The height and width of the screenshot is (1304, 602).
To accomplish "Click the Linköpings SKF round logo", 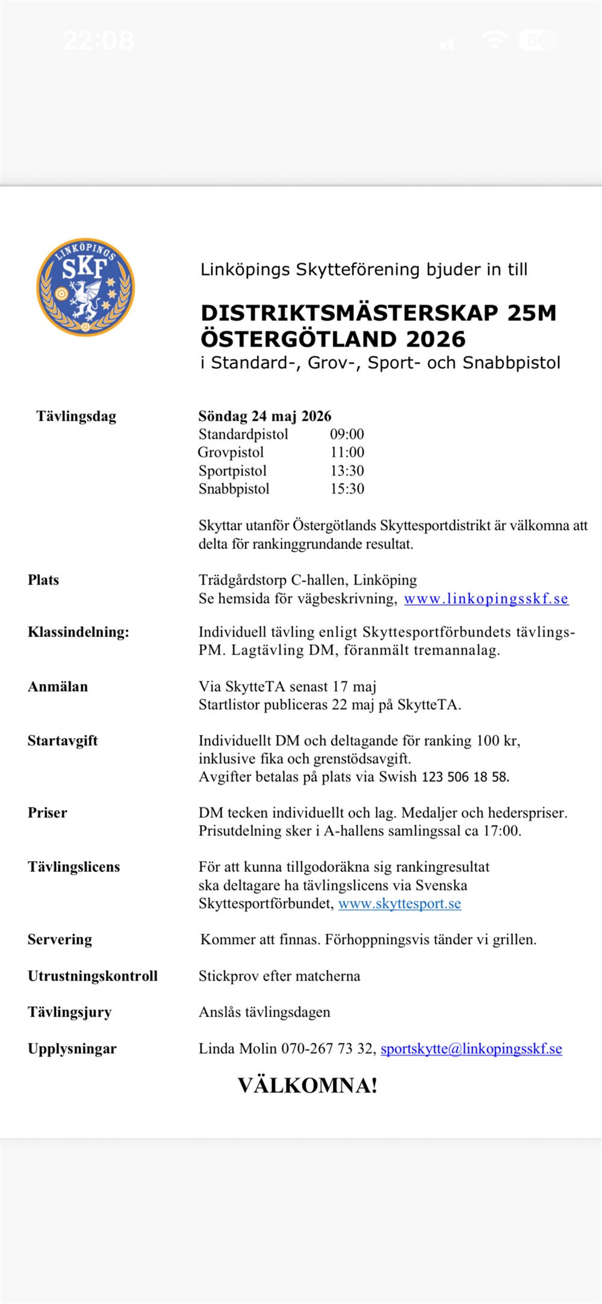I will point(85,287).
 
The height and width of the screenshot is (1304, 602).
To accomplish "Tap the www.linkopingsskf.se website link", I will point(486,598).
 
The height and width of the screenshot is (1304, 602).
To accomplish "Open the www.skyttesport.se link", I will point(400,903).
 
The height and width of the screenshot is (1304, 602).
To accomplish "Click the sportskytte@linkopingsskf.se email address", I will point(471,1049).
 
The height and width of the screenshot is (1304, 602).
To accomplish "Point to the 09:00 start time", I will point(347,434).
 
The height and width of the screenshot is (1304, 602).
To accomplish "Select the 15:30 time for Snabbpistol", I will point(347,489).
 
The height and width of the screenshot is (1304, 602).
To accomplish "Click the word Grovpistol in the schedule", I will point(231,453).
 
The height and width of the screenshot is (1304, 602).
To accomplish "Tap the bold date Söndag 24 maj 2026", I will point(265,416).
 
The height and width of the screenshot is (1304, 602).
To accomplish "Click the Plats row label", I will point(43,580).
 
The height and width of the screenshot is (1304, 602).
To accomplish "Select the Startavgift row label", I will point(63,741).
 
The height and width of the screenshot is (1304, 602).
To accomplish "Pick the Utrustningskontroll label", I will point(93,976).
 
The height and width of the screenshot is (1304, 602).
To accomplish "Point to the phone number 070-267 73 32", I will point(327,1049).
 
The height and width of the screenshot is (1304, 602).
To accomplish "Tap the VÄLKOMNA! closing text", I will point(308,1085).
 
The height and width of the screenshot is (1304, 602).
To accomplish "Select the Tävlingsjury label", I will point(70,1012).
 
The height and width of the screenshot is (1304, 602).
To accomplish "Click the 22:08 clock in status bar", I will point(99,40).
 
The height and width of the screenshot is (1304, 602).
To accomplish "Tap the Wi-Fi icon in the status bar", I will point(494,40).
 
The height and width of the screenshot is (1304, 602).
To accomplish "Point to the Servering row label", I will point(60,939).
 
